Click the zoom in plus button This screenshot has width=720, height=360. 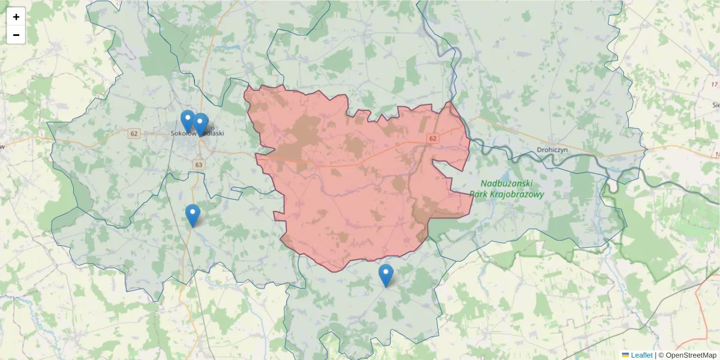[x=16, y=17]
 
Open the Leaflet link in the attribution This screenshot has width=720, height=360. [x=641, y=355]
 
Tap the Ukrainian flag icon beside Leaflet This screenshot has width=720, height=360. [x=625, y=355]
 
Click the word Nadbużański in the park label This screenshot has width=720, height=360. [x=506, y=184]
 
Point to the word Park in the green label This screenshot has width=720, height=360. [x=479, y=194]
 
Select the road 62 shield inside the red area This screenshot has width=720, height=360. [x=432, y=138]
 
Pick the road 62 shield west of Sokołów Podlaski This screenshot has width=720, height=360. [x=134, y=133]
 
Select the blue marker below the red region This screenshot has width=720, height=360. [x=386, y=275]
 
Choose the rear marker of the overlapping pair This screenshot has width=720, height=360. [x=187, y=119]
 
